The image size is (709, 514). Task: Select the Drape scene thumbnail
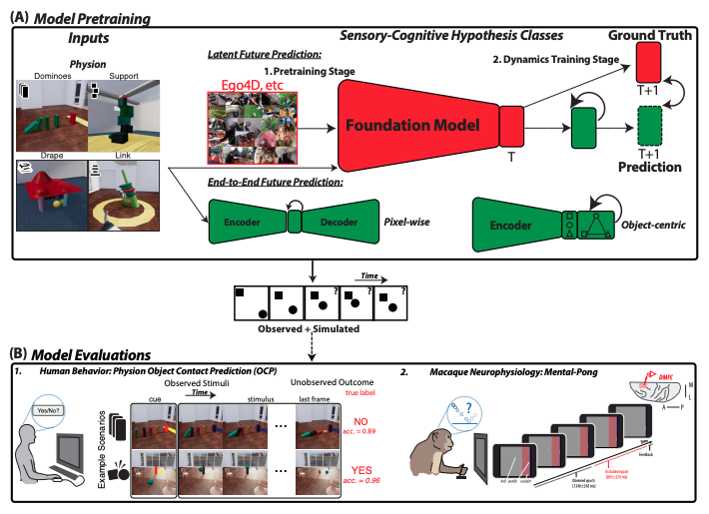pyautogui.click(x=49, y=195)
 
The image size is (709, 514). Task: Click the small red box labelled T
pyautogui.click(x=511, y=126)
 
